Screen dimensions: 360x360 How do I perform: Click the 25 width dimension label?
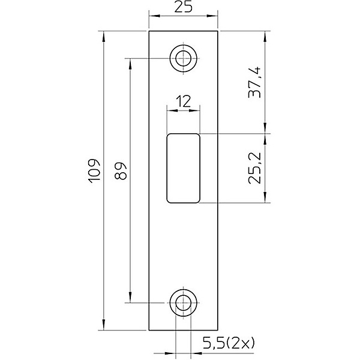point(183,7)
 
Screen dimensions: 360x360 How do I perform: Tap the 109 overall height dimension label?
point(94,171)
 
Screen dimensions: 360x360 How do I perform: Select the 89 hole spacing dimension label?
point(121,171)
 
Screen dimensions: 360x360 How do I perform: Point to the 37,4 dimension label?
point(254,82)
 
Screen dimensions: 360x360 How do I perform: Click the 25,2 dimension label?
point(254,168)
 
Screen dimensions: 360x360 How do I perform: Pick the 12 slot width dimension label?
point(183,102)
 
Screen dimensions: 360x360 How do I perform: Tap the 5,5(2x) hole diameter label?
point(229,343)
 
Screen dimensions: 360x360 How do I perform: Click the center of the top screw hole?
point(183,58)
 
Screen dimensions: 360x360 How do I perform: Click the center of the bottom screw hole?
point(183,303)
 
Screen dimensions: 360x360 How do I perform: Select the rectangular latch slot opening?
point(183,168)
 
